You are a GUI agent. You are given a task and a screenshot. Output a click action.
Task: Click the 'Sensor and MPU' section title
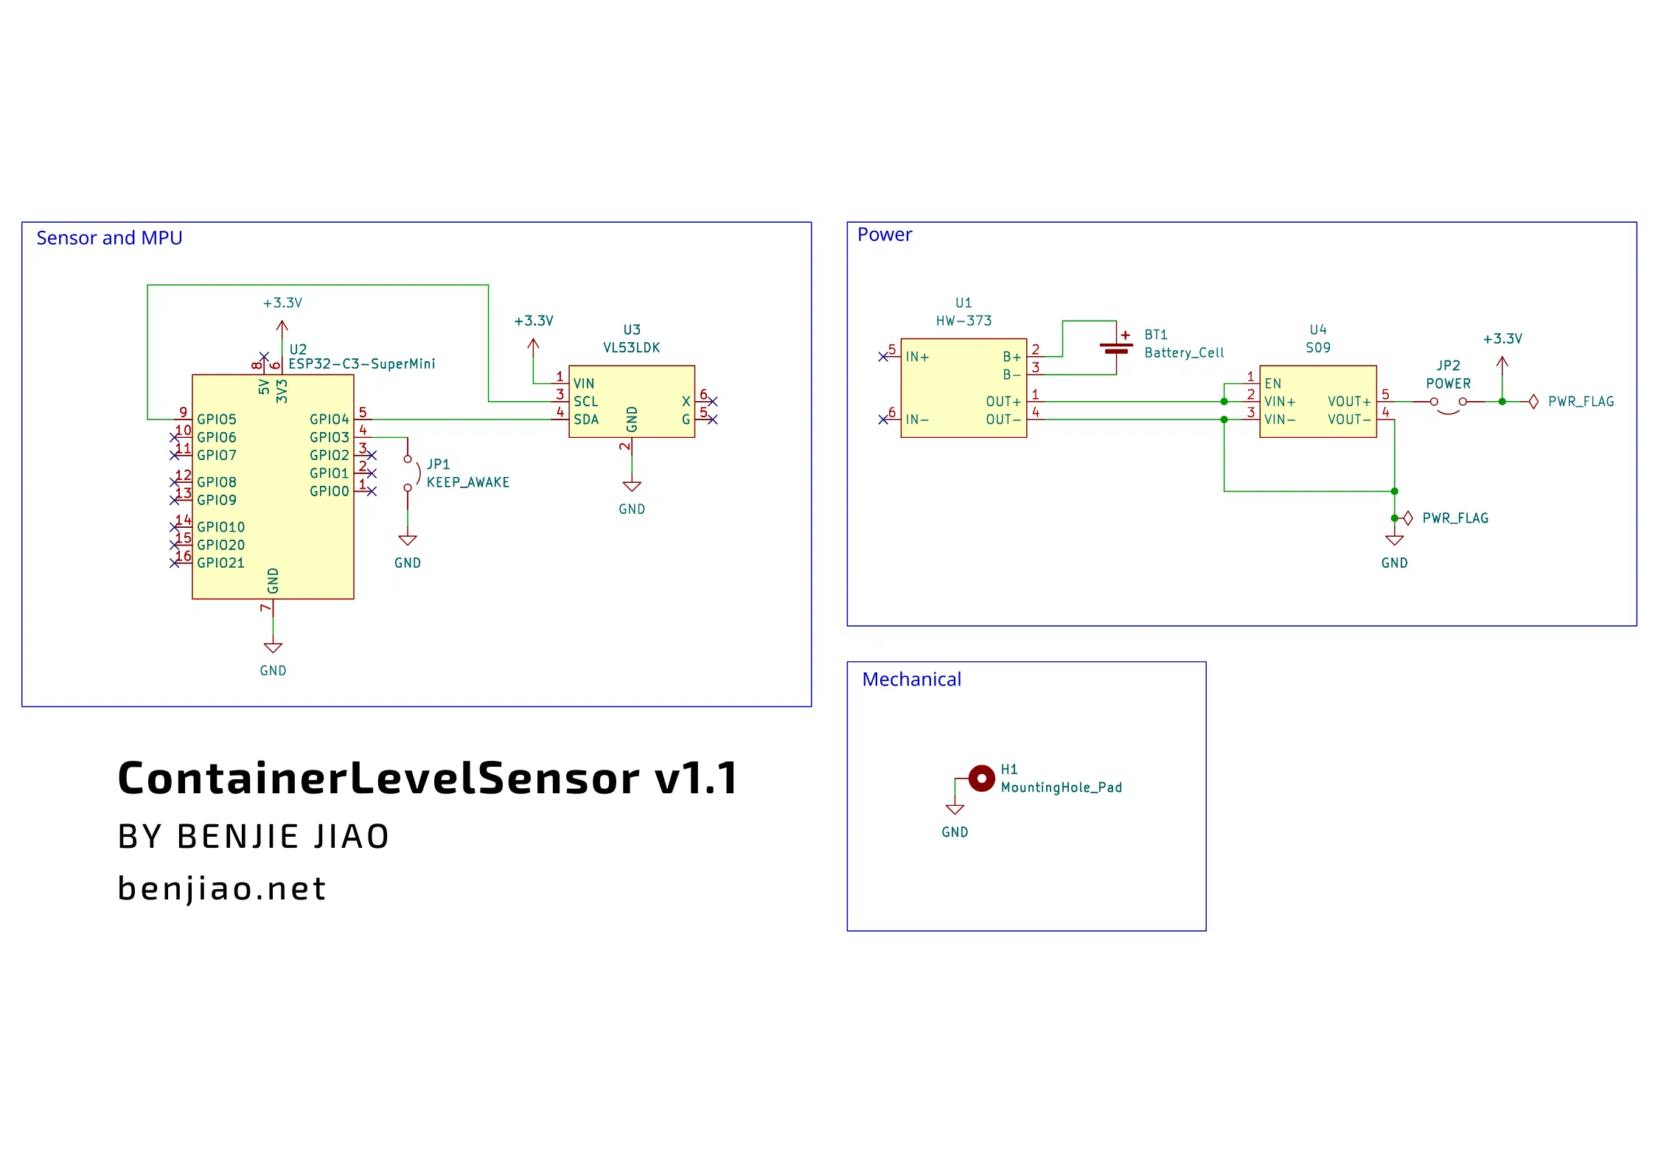pyautogui.click(x=109, y=238)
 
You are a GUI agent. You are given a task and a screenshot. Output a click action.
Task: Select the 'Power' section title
pyautogui.click(x=885, y=234)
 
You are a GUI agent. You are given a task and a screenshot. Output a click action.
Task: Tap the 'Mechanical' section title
pyautogui.click(x=912, y=679)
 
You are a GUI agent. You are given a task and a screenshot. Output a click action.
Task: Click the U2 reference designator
pyautogui.click(x=298, y=349)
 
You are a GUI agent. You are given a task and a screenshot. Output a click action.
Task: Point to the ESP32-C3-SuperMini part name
pyautogui.click(x=362, y=363)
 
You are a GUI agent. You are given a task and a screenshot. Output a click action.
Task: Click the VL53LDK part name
pyautogui.click(x=632, y=347)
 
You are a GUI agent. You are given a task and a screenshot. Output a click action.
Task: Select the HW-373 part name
pyautogui.click(x=964, y=321)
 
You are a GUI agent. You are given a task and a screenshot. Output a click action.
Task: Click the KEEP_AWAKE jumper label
pyautogui.click(x=468, y=482)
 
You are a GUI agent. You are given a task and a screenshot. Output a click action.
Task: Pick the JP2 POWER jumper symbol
pyautogui.click(x=1449, y=405)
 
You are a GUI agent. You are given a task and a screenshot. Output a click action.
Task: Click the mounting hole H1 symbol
pyautogui.click(x=981, y=779)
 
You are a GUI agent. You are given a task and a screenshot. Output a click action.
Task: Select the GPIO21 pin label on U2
pyautogui.click(x=220, y=563)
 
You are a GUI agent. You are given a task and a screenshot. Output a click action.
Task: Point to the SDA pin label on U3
pyautogui.click(x=586, y=419)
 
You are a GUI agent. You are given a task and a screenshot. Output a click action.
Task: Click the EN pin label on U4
pyautogui.click(x=1273, y=383)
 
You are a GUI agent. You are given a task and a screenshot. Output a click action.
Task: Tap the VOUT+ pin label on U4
pyautogui.click(x=1349, y=402)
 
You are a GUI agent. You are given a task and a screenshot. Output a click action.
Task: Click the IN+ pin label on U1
pyautogui.click(x=917, y=357)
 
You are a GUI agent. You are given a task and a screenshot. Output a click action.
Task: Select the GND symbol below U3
pyautogui.click(x=632, y=487)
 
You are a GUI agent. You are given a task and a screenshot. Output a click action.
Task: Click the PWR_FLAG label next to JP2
pyautogui.click(x=1581, y=402)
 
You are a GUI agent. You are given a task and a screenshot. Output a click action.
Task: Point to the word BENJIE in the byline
pyautogui.click(x=237, y=837)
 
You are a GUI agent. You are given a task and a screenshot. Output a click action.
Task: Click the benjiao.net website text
pyautogui.click(x=222, y=889)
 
